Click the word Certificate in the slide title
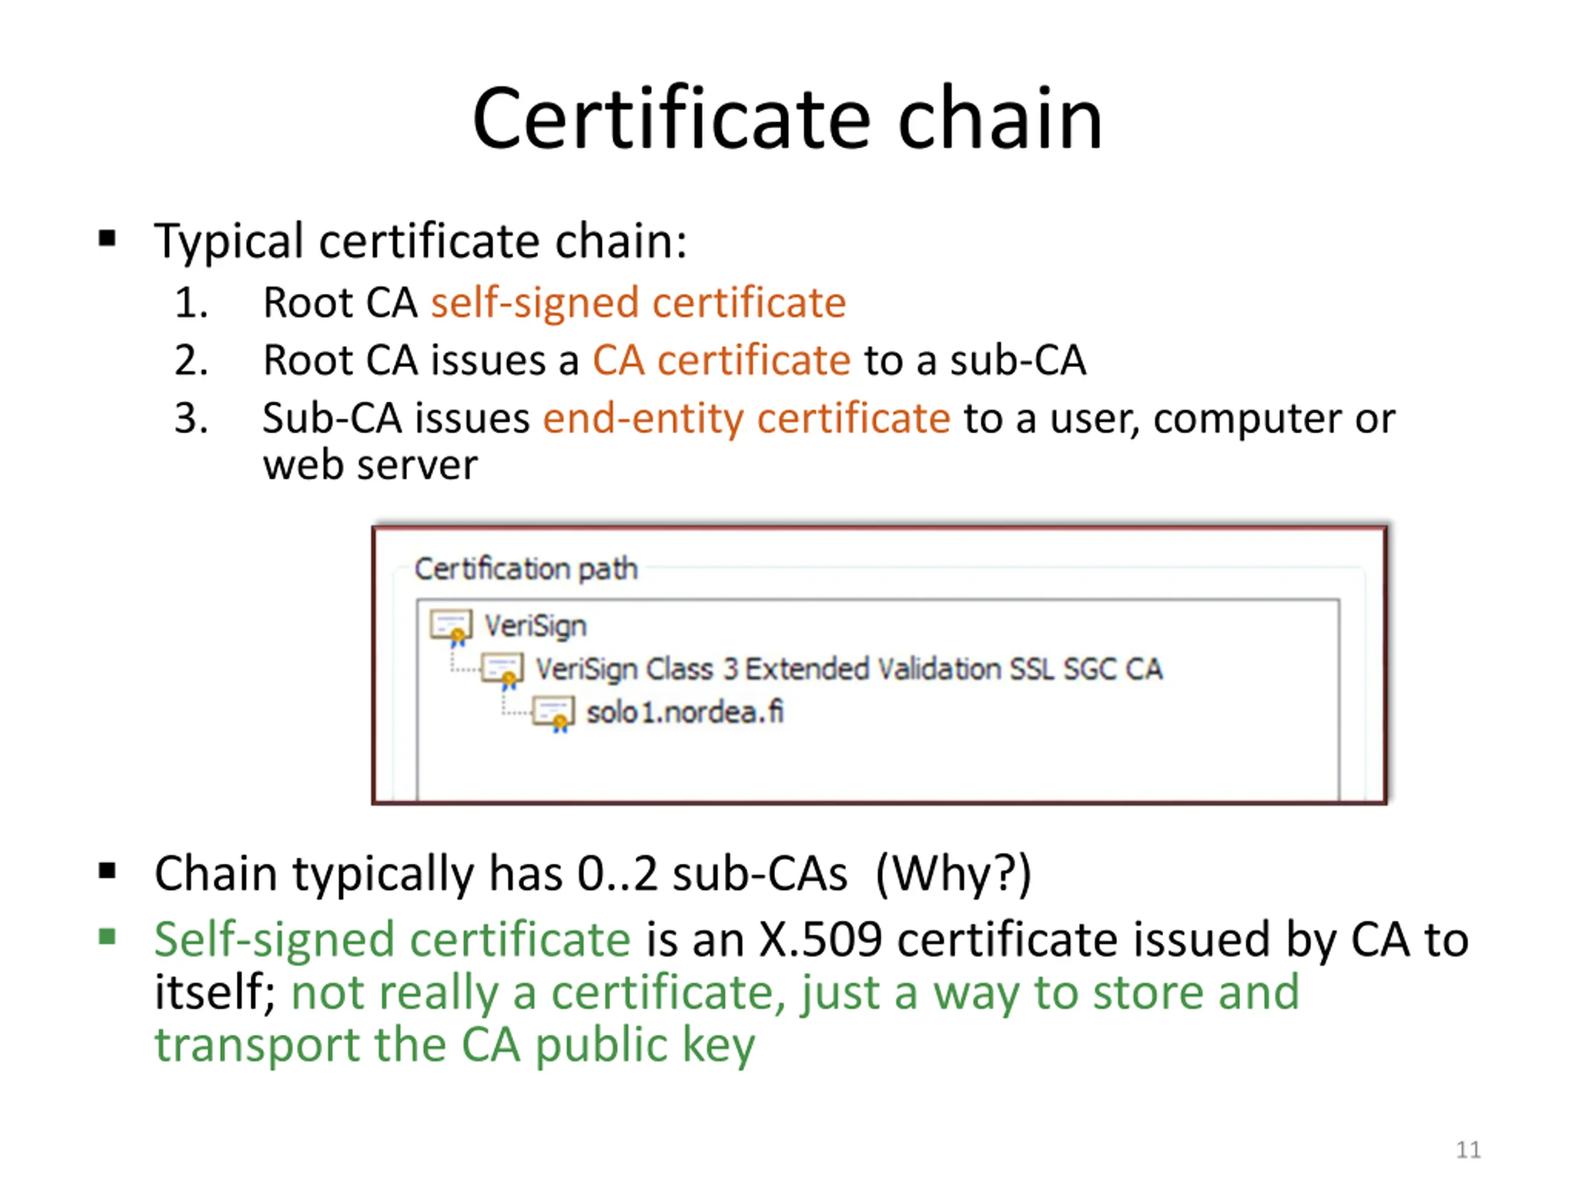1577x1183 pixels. (671, 118)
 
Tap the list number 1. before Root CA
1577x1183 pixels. (191, 303)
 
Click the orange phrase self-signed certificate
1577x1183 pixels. (638, 303)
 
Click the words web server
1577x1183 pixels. (370, 466)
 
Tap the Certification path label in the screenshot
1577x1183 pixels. (526, 569)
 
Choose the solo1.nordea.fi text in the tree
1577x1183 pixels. (684, 712)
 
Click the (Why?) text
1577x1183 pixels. (953, 874)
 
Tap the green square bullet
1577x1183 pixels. (108, 935)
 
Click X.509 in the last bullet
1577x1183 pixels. (821, 939)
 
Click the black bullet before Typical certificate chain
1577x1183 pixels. (108, 238)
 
